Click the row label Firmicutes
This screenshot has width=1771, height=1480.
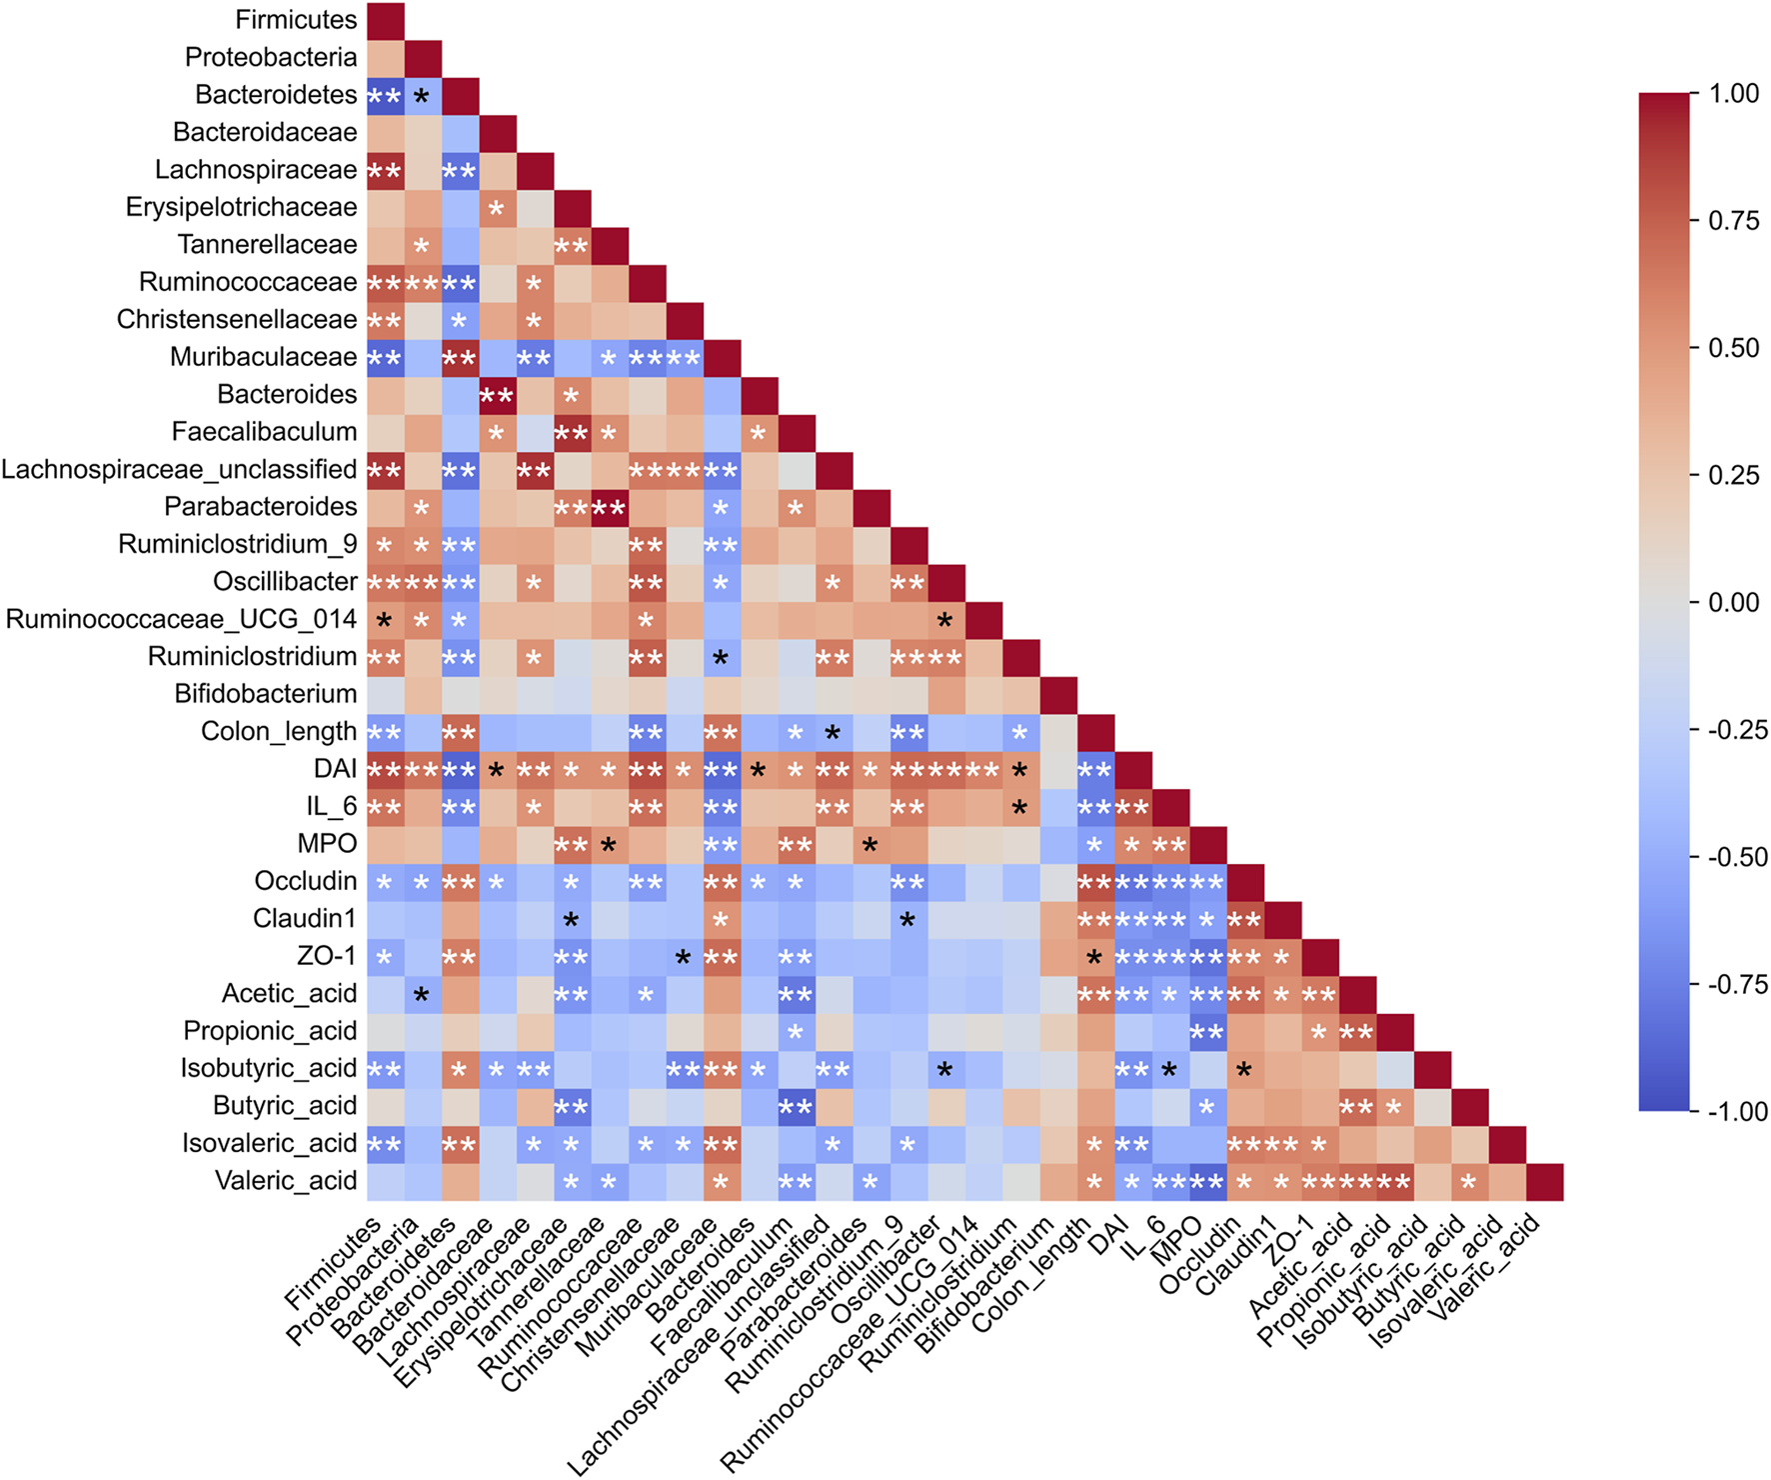coord(296,20)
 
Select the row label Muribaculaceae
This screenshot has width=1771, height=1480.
coord(263,357)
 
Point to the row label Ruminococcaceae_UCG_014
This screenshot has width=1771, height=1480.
coord(181,619)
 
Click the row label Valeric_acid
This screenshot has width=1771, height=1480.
coord(286,1181)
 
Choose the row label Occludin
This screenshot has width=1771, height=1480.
coord(305,881)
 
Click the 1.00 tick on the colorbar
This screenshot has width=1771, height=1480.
coord(1734,94)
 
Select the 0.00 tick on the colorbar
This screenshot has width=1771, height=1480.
coord(1734,602)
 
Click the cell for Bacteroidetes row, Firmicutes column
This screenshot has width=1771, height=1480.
coord(385,96)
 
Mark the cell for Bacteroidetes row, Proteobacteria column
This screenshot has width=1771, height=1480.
coord(423,96)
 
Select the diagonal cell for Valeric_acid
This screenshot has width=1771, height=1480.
coord(1545,1182)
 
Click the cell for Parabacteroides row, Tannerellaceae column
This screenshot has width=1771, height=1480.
coord(610,508)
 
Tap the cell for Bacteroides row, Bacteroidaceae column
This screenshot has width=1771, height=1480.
coord(497,395)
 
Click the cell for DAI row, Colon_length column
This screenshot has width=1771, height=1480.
coord(1096,770)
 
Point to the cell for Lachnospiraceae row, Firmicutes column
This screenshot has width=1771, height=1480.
coord(385,171)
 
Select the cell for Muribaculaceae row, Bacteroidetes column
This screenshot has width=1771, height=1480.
coord(460,358)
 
